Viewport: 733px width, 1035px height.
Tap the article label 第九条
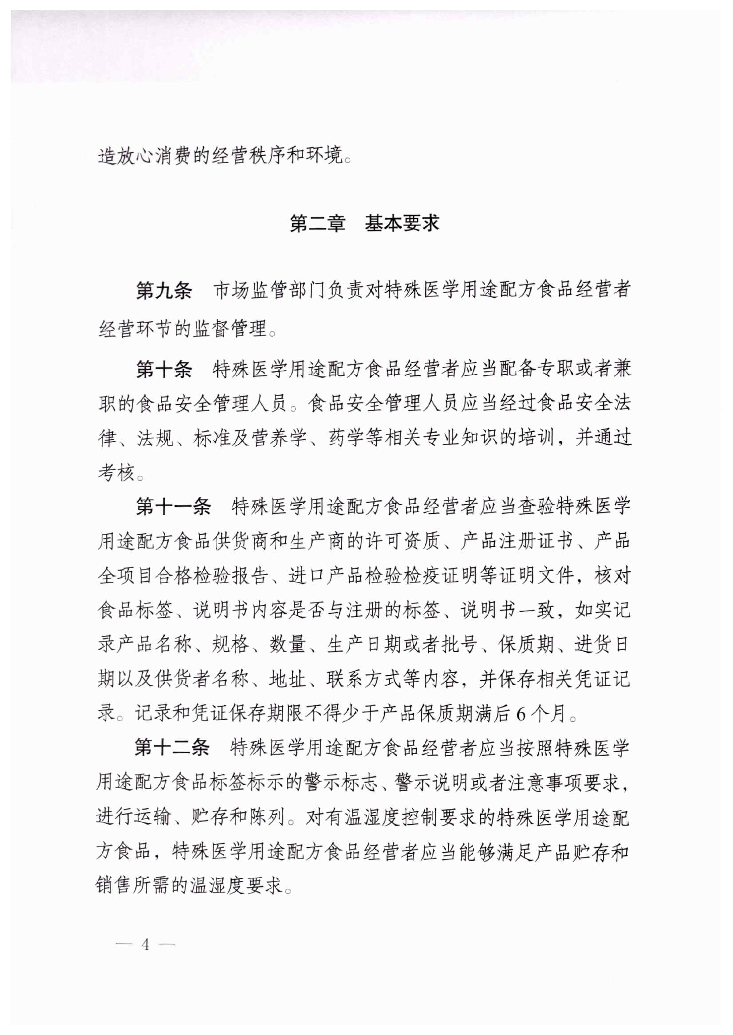pyautogui.click(x=164, y=290)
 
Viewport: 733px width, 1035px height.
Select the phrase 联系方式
pyautogui.click(x=364, y=679)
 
